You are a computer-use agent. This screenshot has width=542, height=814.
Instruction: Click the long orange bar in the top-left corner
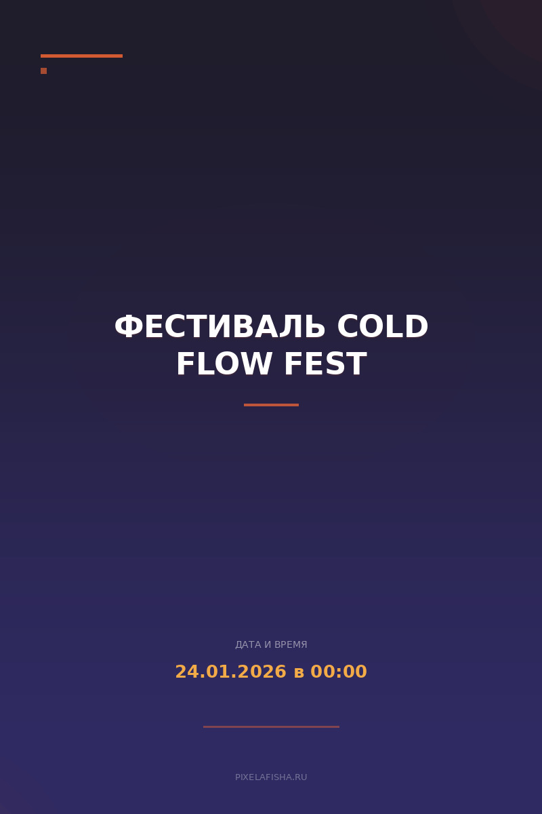click(x=81, y=56)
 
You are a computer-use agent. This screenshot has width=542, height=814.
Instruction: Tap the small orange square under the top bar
click(x=43, y=71)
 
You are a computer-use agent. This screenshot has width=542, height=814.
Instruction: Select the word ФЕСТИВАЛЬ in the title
click(x=220, y=328)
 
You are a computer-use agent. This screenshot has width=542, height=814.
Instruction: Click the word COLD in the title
click(x=383, y=328)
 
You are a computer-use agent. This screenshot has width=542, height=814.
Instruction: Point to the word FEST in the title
click(x=325, y=365)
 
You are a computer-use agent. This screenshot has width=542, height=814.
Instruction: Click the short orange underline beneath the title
click(x=271, y=405)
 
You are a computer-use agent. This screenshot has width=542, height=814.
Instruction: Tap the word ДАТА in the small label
click(x=248, y=644)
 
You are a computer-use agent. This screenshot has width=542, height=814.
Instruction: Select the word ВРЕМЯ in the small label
click(x=291, y=644)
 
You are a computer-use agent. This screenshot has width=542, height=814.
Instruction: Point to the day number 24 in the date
click(x=184, y=672)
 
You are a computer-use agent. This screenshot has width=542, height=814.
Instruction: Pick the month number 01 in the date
click(x=212, y=672)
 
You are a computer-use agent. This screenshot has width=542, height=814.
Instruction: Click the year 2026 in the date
click(x=258, y=672)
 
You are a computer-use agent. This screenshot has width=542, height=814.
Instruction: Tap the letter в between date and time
click(x=299, y=673)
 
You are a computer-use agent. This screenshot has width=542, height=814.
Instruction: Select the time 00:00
click(x=339, y=672)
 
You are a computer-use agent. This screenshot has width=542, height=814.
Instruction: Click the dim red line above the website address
click(x=271, y=726)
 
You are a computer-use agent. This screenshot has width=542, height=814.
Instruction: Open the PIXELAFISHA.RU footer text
click(x=271, y=777)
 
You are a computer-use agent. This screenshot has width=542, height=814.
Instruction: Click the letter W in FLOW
click(x=255, y=365)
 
